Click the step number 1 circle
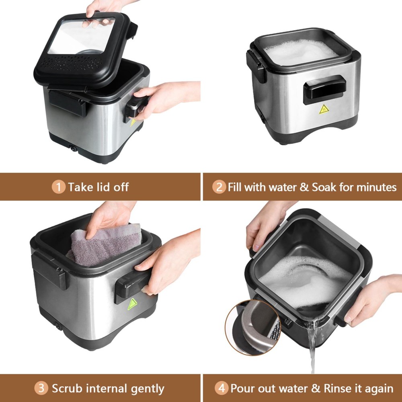[x=58, y=187]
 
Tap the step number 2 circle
[x=219, y=187]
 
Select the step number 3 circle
[x=41, y=388]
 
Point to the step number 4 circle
[x=222, y=388]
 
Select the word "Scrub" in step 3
[x=67, y=388]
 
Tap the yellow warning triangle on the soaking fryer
[x=324, y=109]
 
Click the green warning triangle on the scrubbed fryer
[x=132, y=304]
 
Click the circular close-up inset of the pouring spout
[x=253, y=328]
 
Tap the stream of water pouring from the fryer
[x=312, y=346]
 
